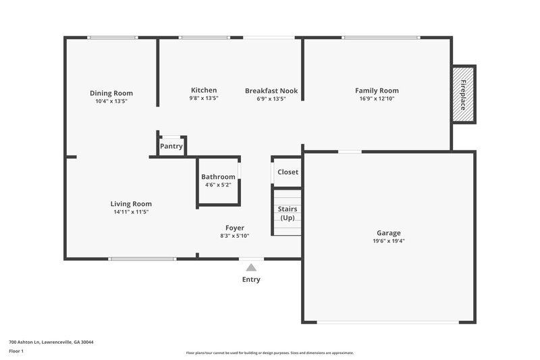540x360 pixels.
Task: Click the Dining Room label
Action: tap(111, 93)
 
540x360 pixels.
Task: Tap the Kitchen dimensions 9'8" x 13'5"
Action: tap(204, 99)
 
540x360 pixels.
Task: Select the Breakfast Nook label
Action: tap(271, 91)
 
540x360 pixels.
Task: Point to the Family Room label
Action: tap(377, 91)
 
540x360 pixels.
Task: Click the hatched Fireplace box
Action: tap(464, 94)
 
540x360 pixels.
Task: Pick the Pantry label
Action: tap(171, 146)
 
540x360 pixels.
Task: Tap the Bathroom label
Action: tap(218, 177)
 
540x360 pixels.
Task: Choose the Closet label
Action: tap(288, 172)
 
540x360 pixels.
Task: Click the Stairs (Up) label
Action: tap(288, 213)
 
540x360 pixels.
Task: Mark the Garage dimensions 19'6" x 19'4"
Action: tap(388, 241)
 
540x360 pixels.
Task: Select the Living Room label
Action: tap(131, 204)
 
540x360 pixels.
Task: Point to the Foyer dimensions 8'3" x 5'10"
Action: tap(235, 236)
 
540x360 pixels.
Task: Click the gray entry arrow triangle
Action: tap(251, 267)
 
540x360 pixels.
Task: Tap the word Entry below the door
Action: tap(251, 280)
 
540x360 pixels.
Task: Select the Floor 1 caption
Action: tap(16, 352)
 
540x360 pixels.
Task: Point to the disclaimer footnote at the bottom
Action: tap(269, 353)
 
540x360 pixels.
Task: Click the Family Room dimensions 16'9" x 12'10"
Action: tap(377, 99)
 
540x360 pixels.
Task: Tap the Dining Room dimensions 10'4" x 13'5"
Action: tap(111, 101)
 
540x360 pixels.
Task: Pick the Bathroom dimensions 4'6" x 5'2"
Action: tap(218, 184)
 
